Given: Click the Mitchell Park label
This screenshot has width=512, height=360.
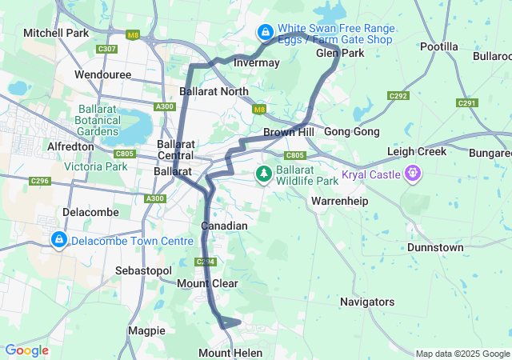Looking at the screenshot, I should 55,33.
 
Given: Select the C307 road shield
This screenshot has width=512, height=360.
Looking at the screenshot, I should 106,49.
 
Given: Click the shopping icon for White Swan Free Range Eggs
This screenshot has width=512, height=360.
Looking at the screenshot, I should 264,32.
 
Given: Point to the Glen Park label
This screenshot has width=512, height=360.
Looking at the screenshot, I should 340,53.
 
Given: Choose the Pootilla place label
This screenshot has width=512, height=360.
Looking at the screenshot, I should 439,47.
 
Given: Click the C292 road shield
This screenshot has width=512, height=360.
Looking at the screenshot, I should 398,95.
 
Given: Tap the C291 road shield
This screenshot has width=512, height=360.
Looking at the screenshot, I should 467,102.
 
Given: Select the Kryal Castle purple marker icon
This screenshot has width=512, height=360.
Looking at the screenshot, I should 413,172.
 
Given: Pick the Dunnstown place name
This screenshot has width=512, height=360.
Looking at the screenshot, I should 434,248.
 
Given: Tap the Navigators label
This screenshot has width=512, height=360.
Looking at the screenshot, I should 366,302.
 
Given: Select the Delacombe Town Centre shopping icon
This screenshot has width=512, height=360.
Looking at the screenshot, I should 58,240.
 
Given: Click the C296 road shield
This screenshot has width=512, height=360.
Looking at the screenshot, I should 40,182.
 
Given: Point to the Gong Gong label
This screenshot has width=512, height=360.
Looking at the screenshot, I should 352,131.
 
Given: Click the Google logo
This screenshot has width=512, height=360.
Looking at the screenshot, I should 26,350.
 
